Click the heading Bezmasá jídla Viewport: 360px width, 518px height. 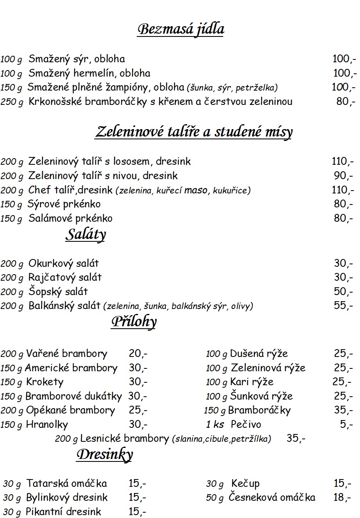[x=181, y=30]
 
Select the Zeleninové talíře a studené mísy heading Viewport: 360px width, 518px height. [x=194, y=132]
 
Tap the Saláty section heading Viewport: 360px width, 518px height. [x=86, y=234]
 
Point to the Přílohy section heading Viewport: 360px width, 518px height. [x=134, y=322]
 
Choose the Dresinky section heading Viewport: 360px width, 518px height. [x=104, y=454]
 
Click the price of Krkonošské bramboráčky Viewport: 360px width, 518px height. [x=346, y=101]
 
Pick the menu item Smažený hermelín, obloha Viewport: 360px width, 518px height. [x=89, y=73]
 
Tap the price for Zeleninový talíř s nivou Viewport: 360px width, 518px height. [x=343, y=176]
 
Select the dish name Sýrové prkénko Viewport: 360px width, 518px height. [x=64, y=204]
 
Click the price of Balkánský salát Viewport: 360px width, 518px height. [x=343, y=305]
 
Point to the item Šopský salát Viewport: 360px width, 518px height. [x=58, y=292]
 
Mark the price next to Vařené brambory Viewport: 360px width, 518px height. [x=138, y=354]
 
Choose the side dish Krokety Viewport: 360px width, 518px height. [x=45, y=382]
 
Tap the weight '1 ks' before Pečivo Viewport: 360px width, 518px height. [x=215, y=425]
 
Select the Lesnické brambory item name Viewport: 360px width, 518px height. [x=125, y=438]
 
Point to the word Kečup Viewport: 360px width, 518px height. [x=245, y=484]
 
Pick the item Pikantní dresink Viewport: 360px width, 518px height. [x=63, y=512]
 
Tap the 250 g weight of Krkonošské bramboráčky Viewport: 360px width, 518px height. [x=12, y=102]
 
